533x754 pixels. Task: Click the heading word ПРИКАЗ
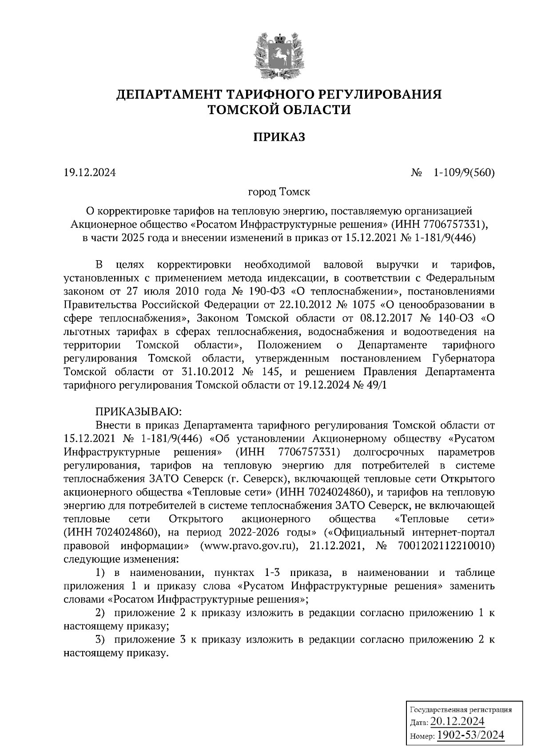click(x=279, y=137)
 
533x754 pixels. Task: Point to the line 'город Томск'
click(x=279, y=192)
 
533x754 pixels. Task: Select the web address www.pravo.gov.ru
click(x=248, y=545)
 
